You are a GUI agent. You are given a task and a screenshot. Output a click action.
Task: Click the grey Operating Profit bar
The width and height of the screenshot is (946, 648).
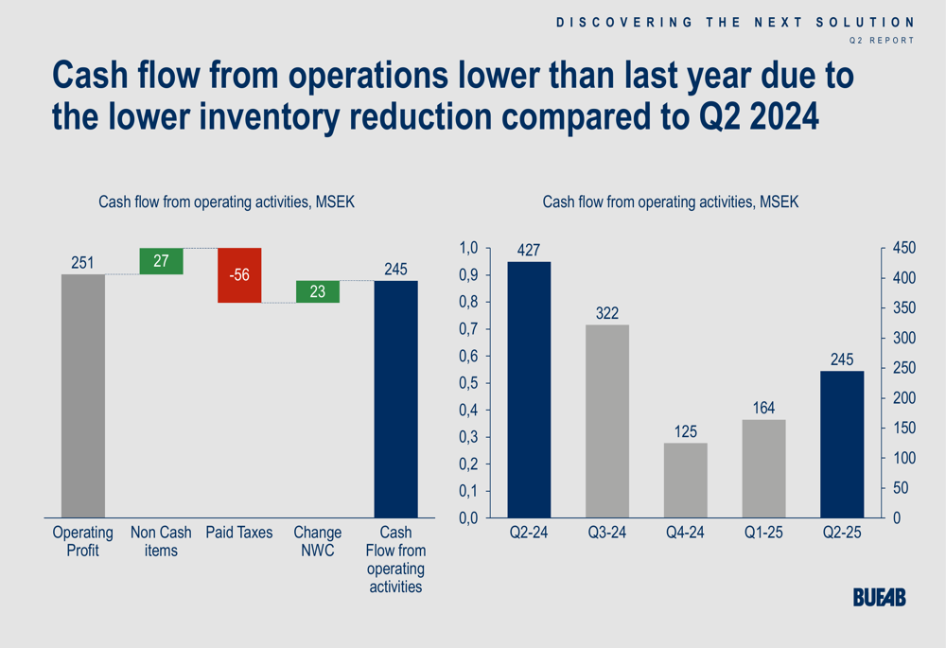[x=83, y=395]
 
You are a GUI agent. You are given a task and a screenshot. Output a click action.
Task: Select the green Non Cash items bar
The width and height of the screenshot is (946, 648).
[x=161, y=261]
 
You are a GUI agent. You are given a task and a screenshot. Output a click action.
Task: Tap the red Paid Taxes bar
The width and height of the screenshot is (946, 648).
[x=239, y=275]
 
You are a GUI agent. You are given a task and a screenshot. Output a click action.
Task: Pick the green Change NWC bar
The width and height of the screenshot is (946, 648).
[x=318, y=292]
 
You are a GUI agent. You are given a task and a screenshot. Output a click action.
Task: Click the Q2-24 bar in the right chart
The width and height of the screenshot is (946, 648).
[x=530, y=390]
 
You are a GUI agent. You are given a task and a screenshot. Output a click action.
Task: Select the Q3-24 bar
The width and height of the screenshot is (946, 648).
[x=607, y=421]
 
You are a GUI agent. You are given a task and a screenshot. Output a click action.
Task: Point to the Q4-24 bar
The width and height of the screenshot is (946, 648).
[x=686, y=481]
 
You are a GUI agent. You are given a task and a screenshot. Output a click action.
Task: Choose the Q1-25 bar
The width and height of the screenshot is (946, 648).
[x=764, y=468]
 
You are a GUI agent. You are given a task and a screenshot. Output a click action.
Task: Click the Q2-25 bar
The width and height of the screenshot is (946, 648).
[x=842, y=445]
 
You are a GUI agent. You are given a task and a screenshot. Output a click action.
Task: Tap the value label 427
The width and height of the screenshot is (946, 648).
[x=530, y=251]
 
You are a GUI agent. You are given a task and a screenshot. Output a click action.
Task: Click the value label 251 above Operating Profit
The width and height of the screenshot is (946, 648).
[x=83, y=263]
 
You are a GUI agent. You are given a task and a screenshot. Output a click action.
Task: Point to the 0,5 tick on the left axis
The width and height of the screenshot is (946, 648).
[x=469, y=383]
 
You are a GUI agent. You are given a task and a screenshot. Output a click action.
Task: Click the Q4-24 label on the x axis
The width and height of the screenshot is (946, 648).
[x=686, y=533]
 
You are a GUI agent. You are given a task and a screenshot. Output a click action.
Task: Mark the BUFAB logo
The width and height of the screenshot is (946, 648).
[x=879, y=597]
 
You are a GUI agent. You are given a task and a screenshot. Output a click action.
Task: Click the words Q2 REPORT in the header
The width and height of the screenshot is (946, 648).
[x=882, y=41]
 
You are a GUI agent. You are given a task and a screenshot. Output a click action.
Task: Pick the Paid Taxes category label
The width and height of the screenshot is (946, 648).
[x=239, y=533]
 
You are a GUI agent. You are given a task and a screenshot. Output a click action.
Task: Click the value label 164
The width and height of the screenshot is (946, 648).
[x=764, y=409]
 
